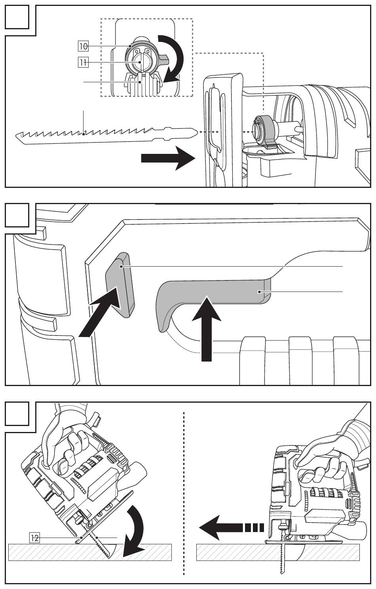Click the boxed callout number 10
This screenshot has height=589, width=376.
[x=83, y=46]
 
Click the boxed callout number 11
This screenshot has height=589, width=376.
[x=83, y=62]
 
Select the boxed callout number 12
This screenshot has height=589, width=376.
[x=34, y=538]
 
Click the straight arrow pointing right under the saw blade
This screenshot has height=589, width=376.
[x=168, y=158]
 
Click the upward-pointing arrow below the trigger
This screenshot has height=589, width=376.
[x=207, y=329]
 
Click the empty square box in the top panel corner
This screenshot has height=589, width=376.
[x=17, y=17]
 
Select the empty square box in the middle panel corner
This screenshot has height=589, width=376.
[x=17, y=215]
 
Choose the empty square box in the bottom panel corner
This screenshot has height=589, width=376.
[x=17, y=413]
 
